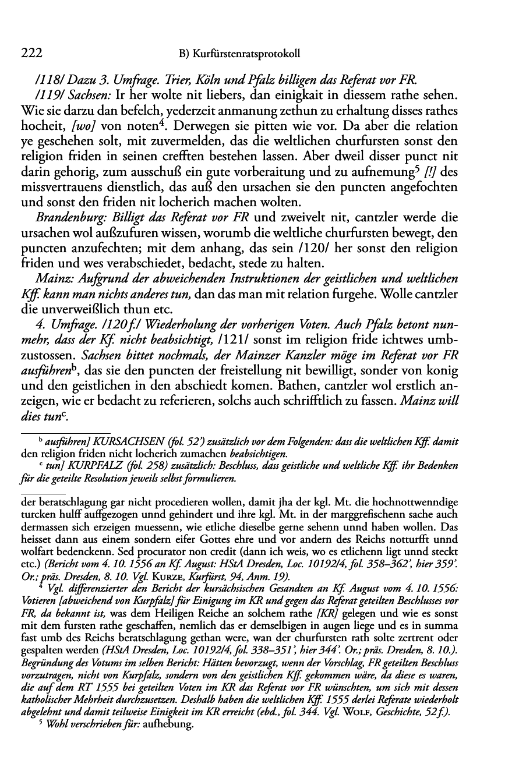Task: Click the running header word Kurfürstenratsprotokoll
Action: point(247,54)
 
